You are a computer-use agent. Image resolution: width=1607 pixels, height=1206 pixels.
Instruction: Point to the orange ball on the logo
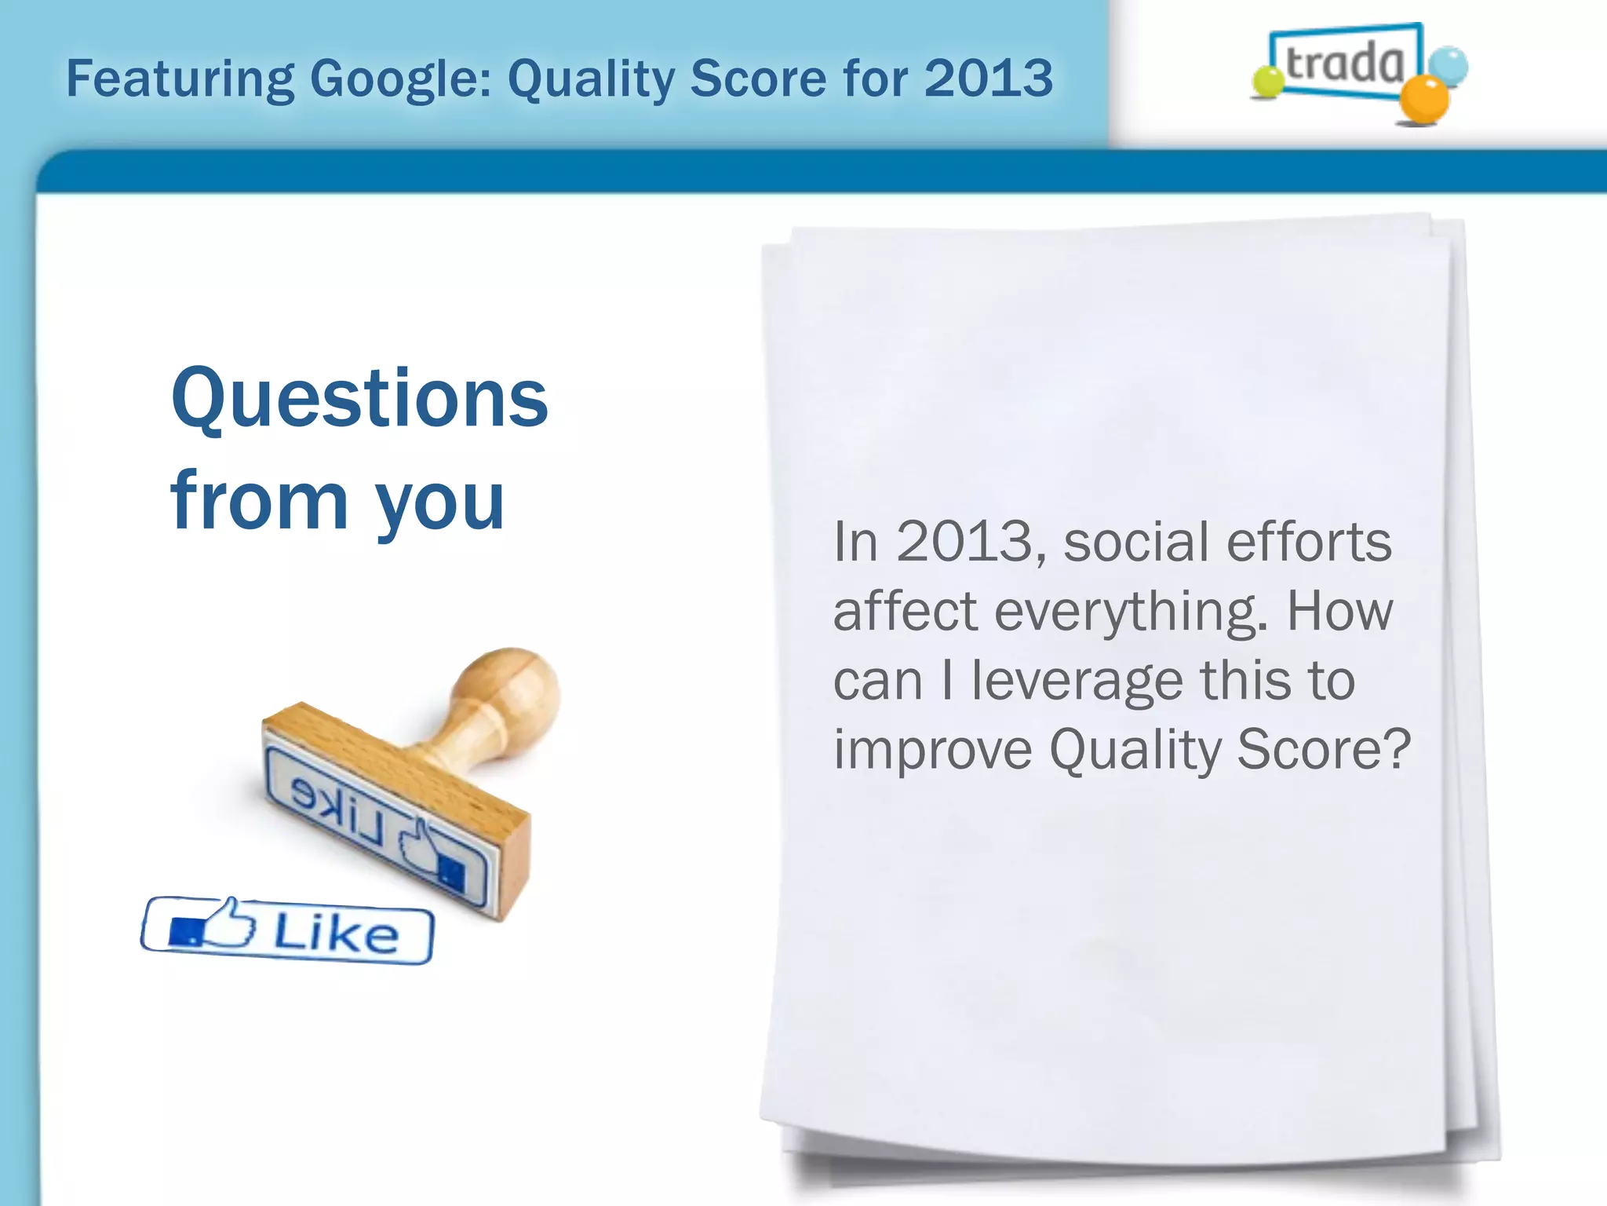click(1424, 100)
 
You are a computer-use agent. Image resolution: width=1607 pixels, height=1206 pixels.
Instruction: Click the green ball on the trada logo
click(1266, 82)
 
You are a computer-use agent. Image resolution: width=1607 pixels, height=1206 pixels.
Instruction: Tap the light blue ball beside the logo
click(1448, 65)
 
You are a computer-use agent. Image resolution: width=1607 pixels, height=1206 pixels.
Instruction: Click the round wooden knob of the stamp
click(508, 688)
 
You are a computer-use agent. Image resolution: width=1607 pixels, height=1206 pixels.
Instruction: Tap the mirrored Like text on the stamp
click(337, 809)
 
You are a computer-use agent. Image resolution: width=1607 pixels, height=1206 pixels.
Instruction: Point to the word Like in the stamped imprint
click(336, 934)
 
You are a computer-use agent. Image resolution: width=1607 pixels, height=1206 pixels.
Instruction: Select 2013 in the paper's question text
click(971, 542)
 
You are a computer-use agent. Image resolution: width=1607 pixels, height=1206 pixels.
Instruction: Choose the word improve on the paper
click(932, 750)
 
